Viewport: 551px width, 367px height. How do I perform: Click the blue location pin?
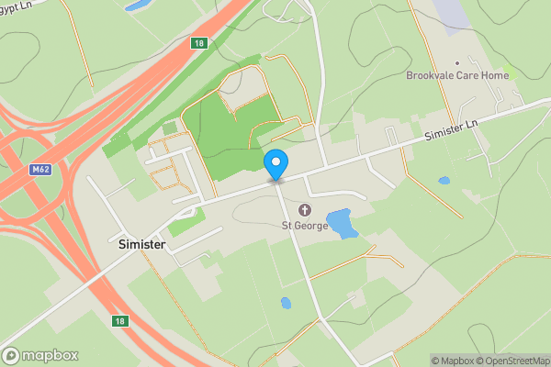coord(275,165)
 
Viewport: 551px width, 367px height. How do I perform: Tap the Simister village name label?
coord(146,246)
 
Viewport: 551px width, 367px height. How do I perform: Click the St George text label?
coord(304,225)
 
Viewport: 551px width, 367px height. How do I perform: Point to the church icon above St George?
coord(304,211)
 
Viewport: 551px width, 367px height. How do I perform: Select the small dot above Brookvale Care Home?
coord(457,63)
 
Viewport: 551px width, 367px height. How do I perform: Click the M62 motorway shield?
coord(39,169)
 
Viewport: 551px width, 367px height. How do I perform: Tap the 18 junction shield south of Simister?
coord(119,321)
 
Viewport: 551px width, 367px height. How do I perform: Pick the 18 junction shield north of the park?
coord(199,43)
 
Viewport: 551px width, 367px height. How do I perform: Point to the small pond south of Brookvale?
coord(444,181)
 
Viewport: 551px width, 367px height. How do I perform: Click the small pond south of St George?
coord(286,302)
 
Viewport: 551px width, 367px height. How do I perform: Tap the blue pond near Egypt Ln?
coord(139,6)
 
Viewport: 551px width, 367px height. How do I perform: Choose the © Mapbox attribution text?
coord(455,361)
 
